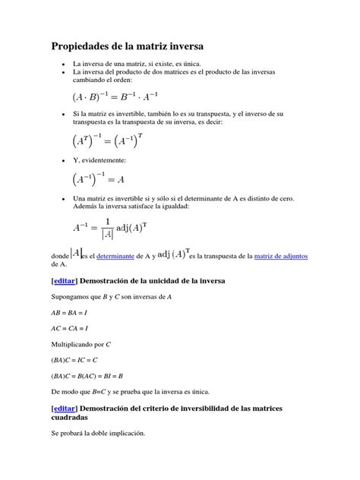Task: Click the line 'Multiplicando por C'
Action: (x=81, y=344)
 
